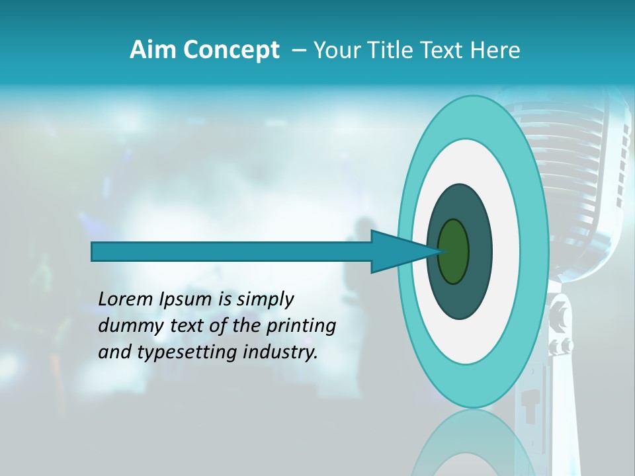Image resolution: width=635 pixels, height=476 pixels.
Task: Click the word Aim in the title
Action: pos(153,50)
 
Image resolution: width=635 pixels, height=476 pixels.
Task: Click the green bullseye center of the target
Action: pos(453,251)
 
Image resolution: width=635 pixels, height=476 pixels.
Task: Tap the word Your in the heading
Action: pos(334,50)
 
